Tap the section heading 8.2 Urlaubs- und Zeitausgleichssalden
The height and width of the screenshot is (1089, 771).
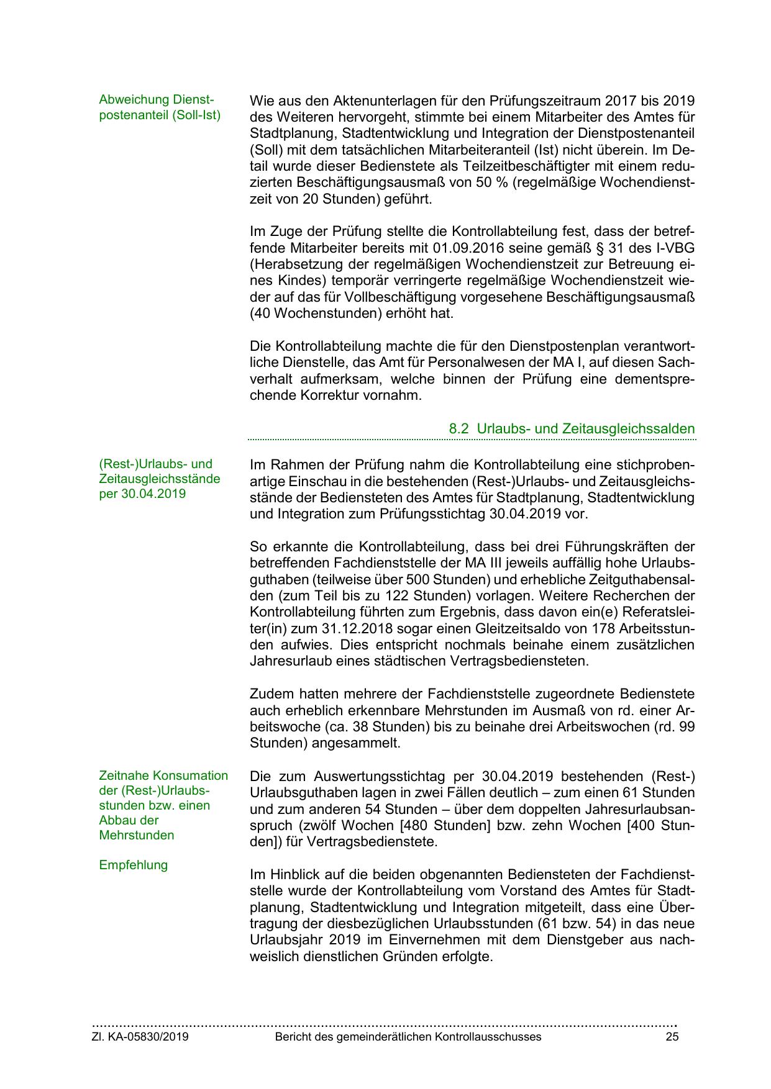click(572, 428)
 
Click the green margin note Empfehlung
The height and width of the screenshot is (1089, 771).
click(133, 865)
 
